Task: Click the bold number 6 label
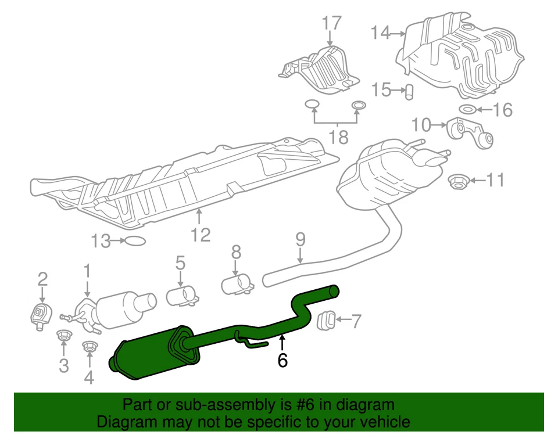pyautogui.click(x=282, y=361)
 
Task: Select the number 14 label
pyautogui.click(x=381, y=34)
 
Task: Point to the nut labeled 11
pyautogui.click(x=459, y=181)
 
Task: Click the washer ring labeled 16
pyautogui.click(x=468, y=109)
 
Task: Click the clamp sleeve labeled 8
pyautogui.click(x=238, y=284)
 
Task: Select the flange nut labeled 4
pyautogui.click(x=89, y=347)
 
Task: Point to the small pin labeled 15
pyautogui.click(x=409, y=91)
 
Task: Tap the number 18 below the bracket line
pyautogui.click(x=338, y=137)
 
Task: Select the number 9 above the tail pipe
pyautogui.click(x=300, y=239)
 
